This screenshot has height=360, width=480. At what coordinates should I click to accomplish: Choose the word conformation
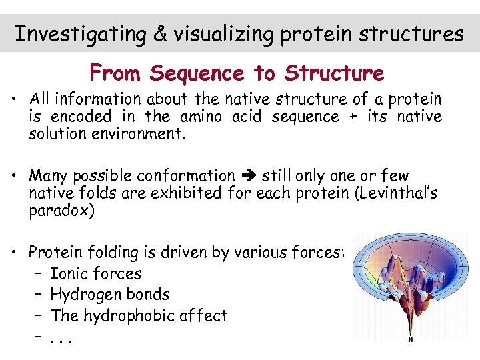point(185,176)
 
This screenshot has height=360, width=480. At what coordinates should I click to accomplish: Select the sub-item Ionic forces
point(95,273)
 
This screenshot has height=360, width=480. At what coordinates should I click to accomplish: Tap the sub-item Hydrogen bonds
point(109,294)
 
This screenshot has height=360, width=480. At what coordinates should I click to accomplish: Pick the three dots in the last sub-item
point(61,337)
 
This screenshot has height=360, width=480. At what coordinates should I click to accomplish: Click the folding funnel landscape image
point(409,283)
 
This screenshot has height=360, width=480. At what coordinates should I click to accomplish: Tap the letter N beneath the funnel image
point(410,339)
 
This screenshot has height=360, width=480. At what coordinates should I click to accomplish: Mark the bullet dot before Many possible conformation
point(13,176)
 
